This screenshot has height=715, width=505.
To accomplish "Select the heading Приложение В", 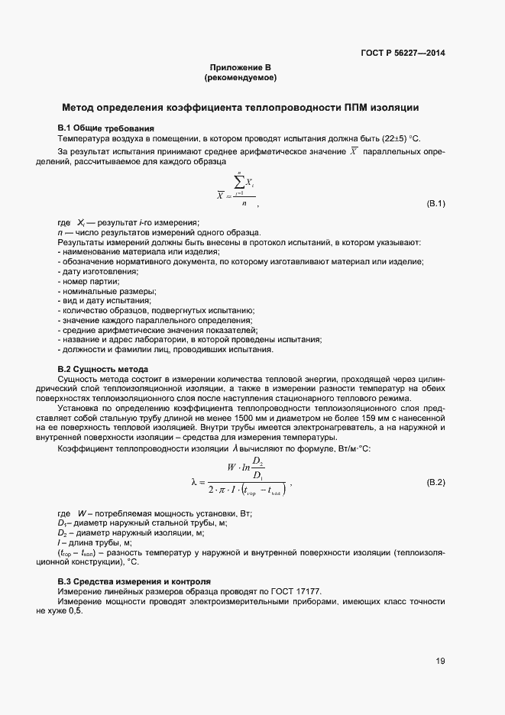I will (x=241, y=68).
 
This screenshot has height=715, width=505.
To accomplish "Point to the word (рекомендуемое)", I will (x=241, y=78).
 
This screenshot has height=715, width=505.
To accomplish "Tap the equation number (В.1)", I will (x=435, y=203).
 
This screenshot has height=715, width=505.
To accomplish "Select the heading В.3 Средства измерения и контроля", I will (x=133, y=582).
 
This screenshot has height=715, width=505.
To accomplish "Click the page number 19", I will (x=440, y=662).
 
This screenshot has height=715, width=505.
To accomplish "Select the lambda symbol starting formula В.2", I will (x=193, y=482).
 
